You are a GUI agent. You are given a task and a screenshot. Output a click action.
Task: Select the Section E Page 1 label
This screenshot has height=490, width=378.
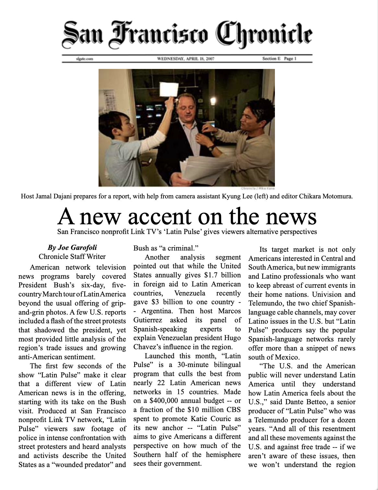[x=279, y=59]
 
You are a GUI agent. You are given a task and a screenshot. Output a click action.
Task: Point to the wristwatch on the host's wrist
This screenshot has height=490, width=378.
[x=211, y=148]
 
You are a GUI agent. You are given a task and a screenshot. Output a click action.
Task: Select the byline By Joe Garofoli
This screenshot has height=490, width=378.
[x=72, y=248]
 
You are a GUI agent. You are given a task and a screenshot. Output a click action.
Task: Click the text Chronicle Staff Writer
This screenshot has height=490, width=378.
[x=72, y=257]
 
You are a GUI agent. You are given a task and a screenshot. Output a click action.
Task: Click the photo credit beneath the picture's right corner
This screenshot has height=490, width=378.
[x=258, y=188]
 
